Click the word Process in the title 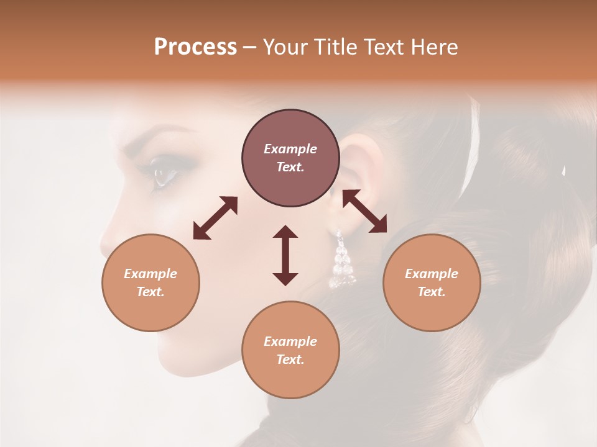coord(195,47)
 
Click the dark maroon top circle coord(290,158)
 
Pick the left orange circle coord(150,282)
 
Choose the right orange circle coord(432,282)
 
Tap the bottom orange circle coord(290,350)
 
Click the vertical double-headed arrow coord(285,255)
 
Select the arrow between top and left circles coord(215,217)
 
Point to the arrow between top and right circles coord(364,211)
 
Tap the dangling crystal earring coord(341,261)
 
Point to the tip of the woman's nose coord(104,242)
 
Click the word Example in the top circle coord(290,149)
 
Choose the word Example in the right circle coord(432,274)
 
